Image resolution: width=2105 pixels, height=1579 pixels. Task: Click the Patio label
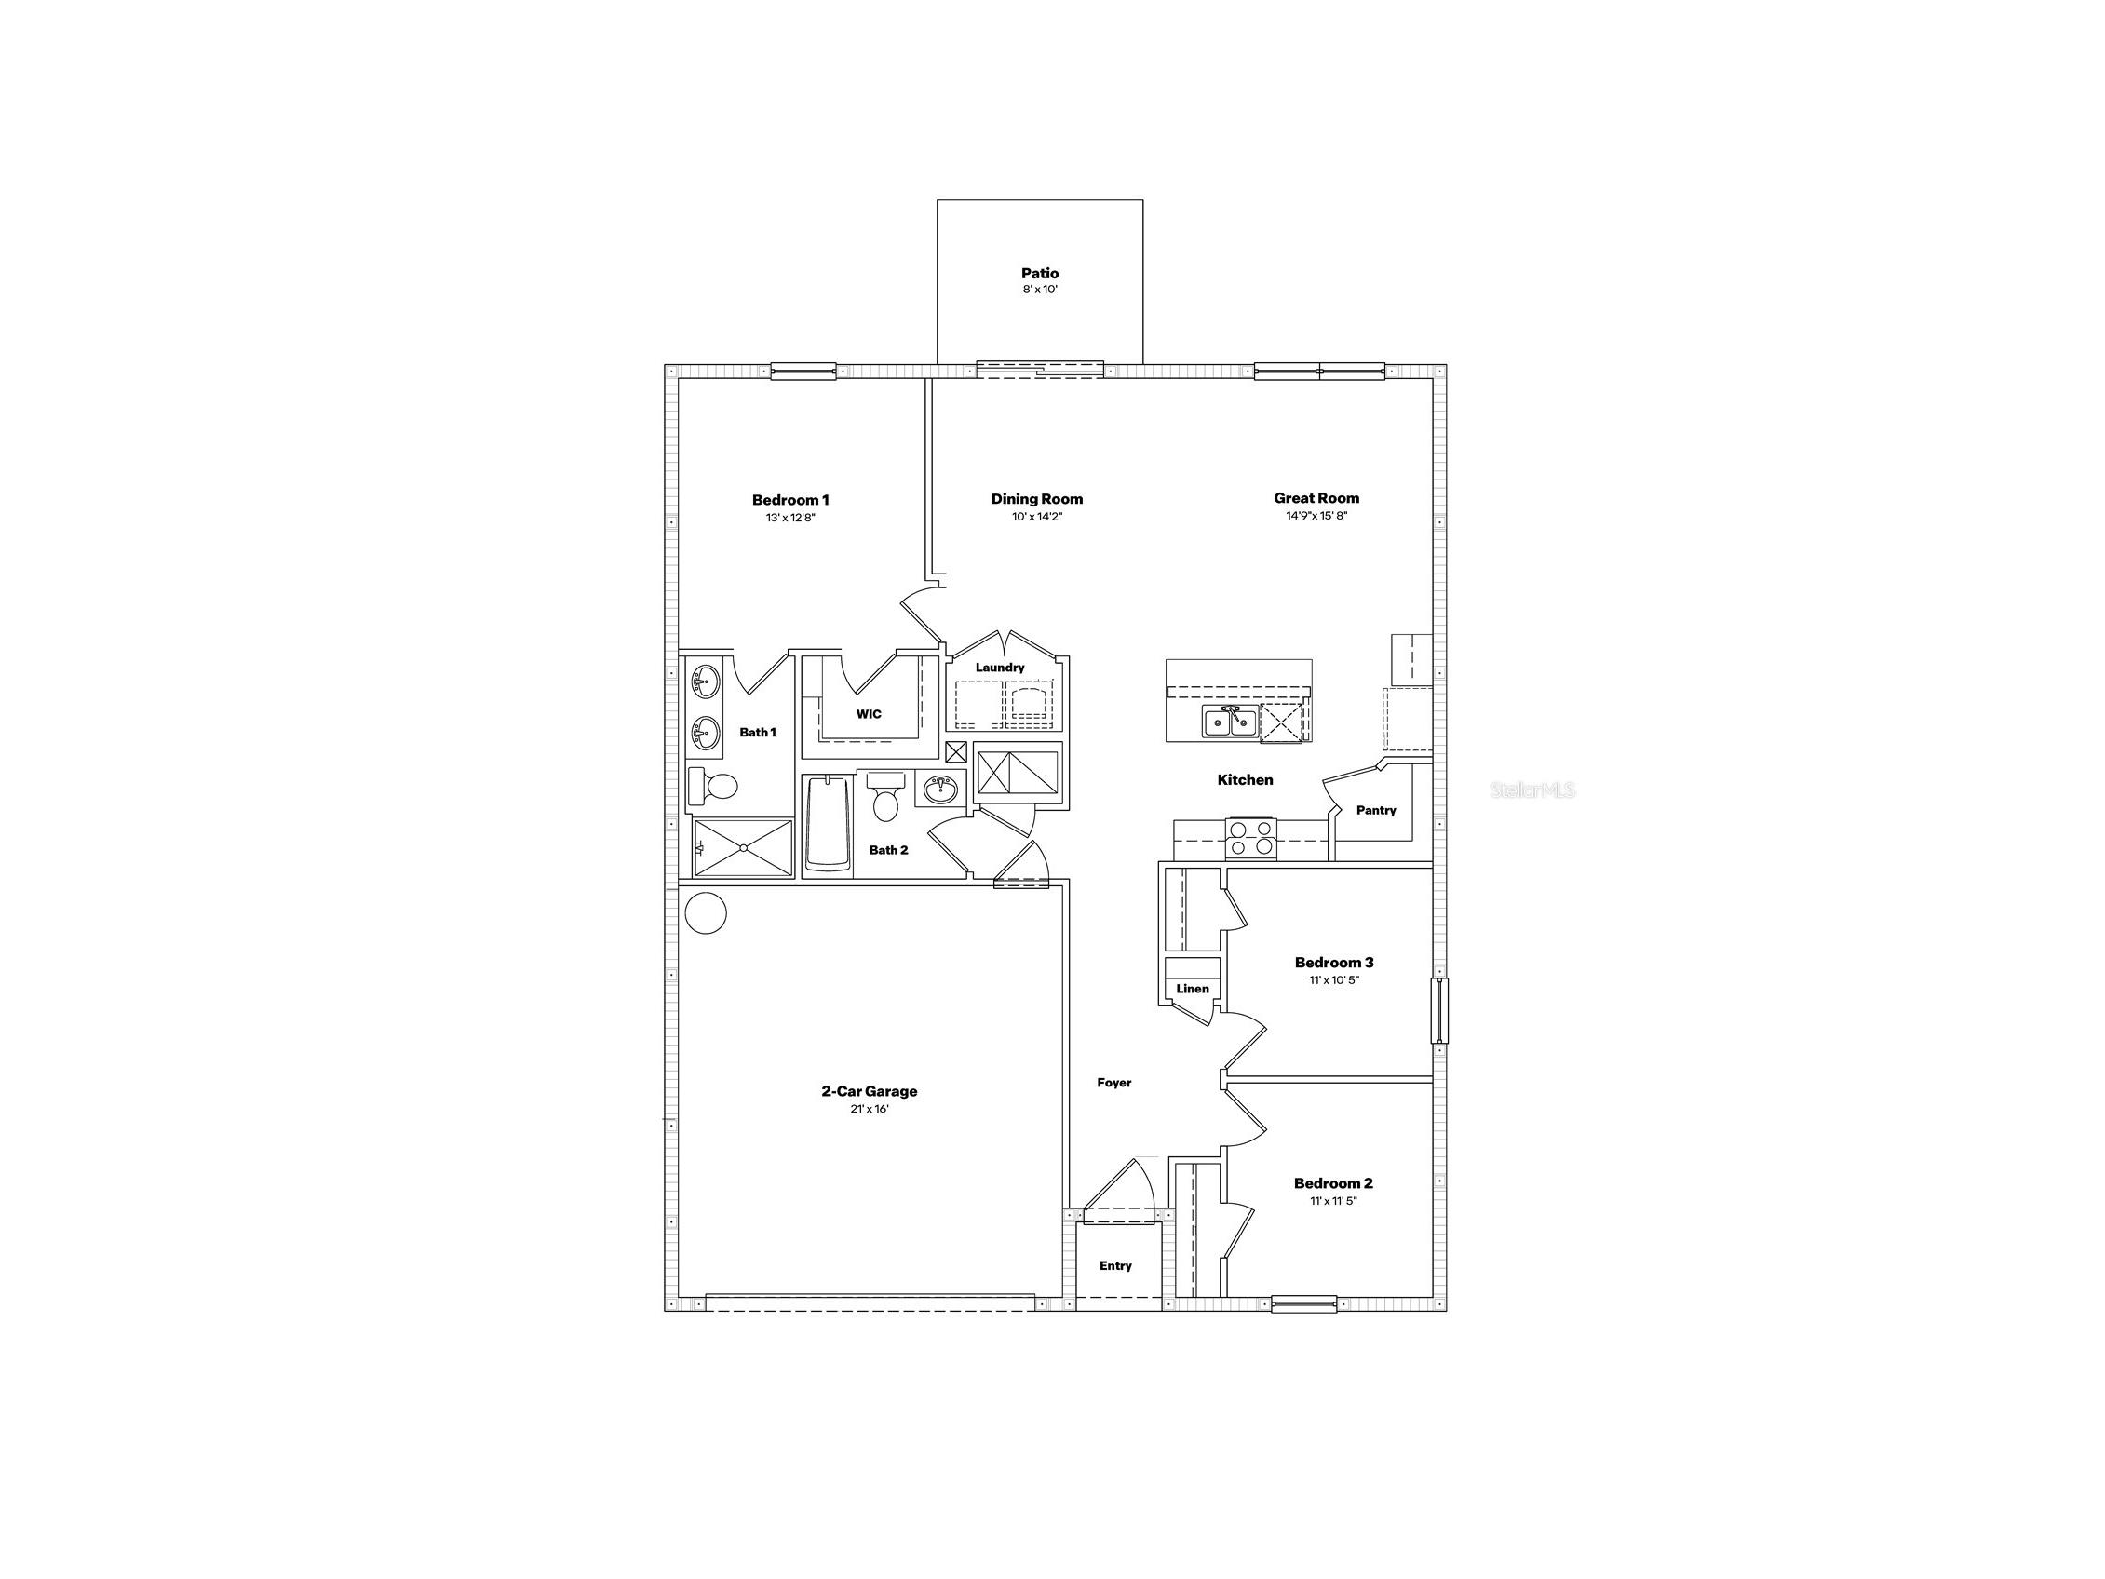click(x=1040, y=273)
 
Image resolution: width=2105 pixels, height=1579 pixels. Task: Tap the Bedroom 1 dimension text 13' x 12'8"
click(x=790, y=518)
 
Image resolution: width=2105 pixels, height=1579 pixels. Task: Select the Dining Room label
click(x=1036, y=499)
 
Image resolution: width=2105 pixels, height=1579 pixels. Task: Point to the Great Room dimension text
click(x=1316, y=516)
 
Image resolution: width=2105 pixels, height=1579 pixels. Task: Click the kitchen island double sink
click(x=1230, y=722)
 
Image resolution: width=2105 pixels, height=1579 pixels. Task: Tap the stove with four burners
click(x=1250, y=839)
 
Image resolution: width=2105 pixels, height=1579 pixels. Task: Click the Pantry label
click(x=1376, y=810)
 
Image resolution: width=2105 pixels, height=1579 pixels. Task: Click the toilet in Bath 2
click(x=886, y=799)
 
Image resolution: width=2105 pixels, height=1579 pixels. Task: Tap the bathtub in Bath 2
click(x=828, y=823)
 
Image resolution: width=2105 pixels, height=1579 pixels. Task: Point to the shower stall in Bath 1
click(x=742, y=847)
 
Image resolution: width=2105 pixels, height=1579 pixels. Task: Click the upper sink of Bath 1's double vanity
click(x=704, y=683)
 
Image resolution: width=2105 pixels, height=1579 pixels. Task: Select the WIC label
click(x=869, y=714)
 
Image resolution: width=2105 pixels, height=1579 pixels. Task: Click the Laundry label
click(x=999, y=668)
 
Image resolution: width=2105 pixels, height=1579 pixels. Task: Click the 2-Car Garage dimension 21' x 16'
click(x=870, y=1109)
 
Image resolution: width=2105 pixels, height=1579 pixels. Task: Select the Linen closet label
click(x=1193, y=989)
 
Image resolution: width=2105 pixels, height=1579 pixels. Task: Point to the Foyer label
click(x=1114, y=1082)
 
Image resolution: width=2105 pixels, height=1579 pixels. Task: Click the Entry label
click(x=1115, y=1266)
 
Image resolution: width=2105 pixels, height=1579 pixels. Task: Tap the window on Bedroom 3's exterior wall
click(x=1440, y=1010)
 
